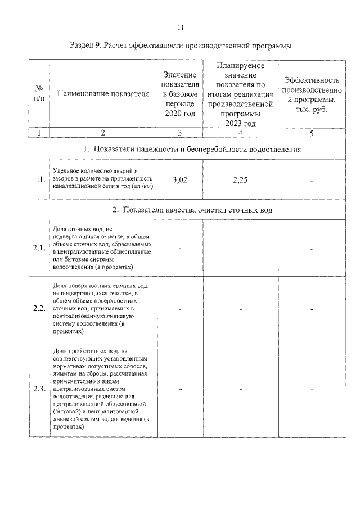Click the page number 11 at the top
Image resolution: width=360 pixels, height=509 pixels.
[x=181, y=27]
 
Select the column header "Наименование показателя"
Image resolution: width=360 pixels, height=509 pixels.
[x=103, y=94]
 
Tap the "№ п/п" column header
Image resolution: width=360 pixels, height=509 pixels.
[x=39, y=94]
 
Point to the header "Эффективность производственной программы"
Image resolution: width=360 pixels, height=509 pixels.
[x=311, y=94]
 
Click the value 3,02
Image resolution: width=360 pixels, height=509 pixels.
[x=179, y=180]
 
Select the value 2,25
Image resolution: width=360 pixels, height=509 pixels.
[x=240, y=180]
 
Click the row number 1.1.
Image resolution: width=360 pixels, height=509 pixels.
[x=39, y=180]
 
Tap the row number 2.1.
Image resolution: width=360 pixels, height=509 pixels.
[x=39, y=248]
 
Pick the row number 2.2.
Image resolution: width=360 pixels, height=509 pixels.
[x=39, y=309]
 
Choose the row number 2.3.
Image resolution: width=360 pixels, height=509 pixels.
[x=39, y=389]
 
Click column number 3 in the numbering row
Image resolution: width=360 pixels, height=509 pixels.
[x=179, y=133]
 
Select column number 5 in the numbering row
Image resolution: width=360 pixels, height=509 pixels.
[x=311, y=133]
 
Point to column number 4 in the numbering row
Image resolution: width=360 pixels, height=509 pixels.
[x=240, y=133]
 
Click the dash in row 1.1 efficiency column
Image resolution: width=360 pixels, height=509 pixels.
[x=311, y=181]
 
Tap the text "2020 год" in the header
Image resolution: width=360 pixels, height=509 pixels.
[x=179, y=114]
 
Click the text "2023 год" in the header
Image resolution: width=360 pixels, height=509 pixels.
[x=240, y=124]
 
